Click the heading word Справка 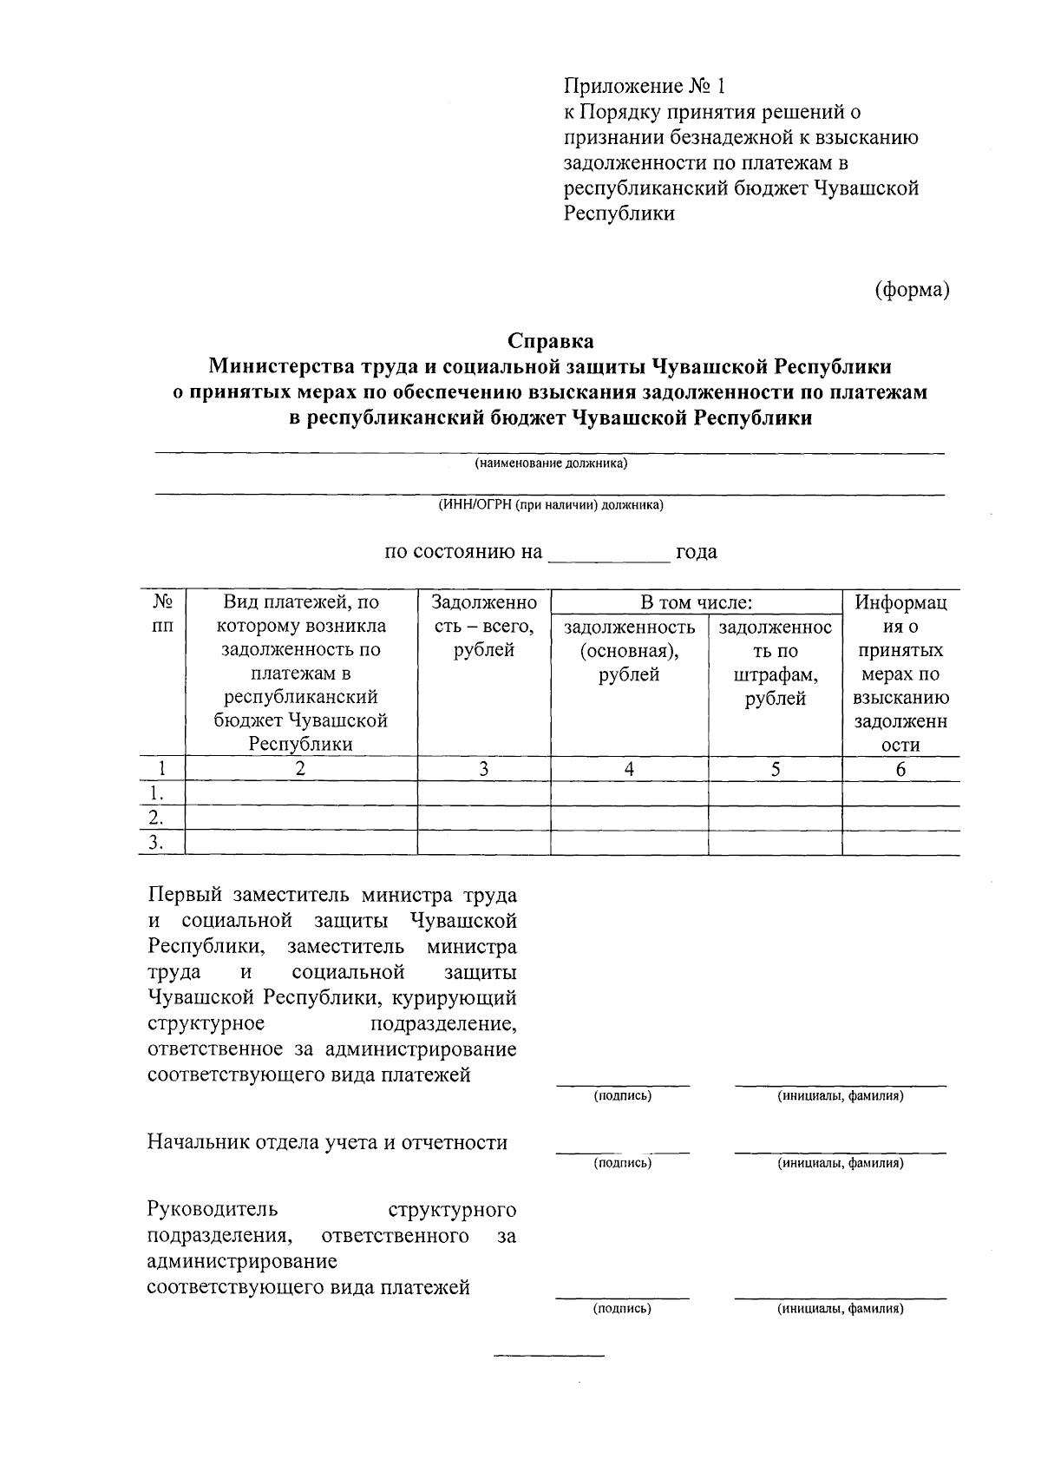pos(551,340)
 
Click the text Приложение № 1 pos(643,87)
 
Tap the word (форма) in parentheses pos(912,289)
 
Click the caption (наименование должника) pos(550,463)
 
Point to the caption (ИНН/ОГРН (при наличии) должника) pos(550,505)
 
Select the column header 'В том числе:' pos(696,602)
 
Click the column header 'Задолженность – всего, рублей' pos(484,626)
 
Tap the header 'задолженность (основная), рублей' pos(629,650)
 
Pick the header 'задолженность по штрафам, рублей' pos(775,662)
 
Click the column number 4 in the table pos(629,769)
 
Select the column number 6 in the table pos(900,769)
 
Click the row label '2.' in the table pos(156,818)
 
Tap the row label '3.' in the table pos(156,843)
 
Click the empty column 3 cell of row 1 pos(484,793)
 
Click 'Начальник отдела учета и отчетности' pos(327,1143)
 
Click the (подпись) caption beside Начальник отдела pos(622,1163)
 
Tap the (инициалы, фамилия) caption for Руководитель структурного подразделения pos(840,1309)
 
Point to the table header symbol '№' pos(161,601)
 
